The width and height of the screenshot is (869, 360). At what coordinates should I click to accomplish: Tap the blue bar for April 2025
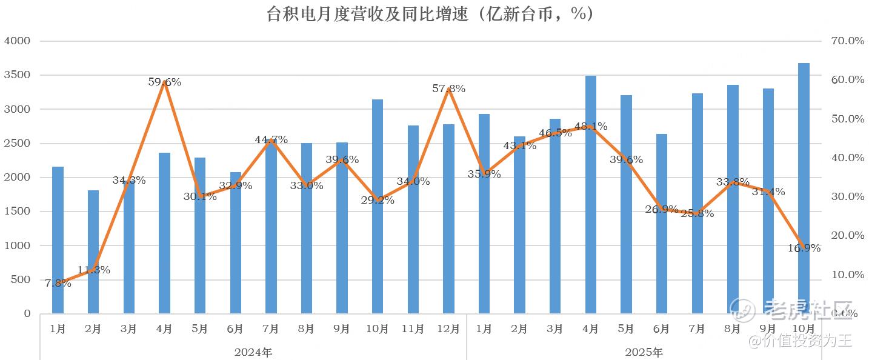(x=591, y=194)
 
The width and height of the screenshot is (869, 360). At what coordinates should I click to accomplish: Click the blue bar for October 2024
(x=378, y=206)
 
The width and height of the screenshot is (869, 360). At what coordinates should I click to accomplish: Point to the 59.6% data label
(x=165, y=82)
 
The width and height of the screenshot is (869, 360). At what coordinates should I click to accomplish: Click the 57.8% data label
(x=449, y=88)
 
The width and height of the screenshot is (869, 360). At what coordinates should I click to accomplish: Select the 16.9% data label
(x=804, y=248)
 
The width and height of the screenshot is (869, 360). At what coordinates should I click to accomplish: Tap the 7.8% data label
(x=58, y=283)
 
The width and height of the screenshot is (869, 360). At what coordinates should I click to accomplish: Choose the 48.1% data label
(x=591, y=127)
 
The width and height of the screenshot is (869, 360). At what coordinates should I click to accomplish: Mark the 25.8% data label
(x=698, y=213)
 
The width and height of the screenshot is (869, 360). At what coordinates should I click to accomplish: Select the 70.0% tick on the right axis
(x=847, y=41)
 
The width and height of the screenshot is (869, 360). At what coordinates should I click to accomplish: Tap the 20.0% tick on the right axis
(x=847, y=236)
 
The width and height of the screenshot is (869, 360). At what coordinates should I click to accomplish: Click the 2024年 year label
(x=253, y=352)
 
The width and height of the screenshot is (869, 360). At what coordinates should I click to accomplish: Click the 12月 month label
(x=448, y=329)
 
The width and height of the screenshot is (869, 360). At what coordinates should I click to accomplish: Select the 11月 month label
(x=413, y=329)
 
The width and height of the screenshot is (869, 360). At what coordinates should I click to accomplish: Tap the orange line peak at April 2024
(x=165, y=82)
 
